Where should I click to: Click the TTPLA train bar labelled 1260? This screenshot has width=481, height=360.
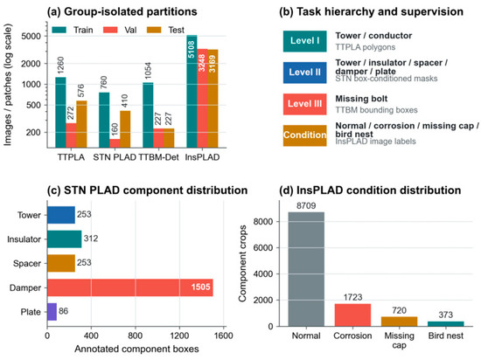pyautogui.click(x=60, y=113)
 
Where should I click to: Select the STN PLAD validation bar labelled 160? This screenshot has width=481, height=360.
pyautogui.click(x=115, y=143)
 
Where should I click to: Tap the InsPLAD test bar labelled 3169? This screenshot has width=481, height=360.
pyautogui.click(x=213, y=99)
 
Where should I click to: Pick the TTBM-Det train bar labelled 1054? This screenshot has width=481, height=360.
pyautogui.click(x=148, y=115)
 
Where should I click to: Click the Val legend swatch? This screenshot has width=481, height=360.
pyautogui.click(x=110, y=30)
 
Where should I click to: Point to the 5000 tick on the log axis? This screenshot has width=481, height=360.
pyautogui.click(x=31, y=36)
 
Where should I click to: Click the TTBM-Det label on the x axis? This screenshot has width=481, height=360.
pyautogui.click(x=158, y=157)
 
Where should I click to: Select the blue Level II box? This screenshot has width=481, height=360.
pyautogui.click(x=304, y=73)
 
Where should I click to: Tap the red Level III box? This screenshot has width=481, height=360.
pyautogui.click(x=304, y=104)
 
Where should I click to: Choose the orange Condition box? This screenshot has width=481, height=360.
pyautogui.click(x=304, y=135)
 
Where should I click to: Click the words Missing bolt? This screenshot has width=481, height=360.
pyautogui.click(x=361, y=99)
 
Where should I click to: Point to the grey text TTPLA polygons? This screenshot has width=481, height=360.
pyautogui.click(x=365, y=47)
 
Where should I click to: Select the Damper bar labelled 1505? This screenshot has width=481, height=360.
pyautogui.click(x=130, y=287)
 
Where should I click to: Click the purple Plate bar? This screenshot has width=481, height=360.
pyautogui.click(x=52, y=312)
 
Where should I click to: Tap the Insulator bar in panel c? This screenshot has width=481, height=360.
pyautogui.click(x=65, y=239)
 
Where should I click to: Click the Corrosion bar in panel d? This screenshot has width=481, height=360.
pyautogui.click(x=352, y=315)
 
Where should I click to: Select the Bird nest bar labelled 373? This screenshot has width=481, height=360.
pyautogui.click(x=445, y=324)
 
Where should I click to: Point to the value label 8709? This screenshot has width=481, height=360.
pyautogui.click(x=306, y=205)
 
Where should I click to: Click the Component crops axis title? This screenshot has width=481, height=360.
pyautogui.click(x=242, y=264)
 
